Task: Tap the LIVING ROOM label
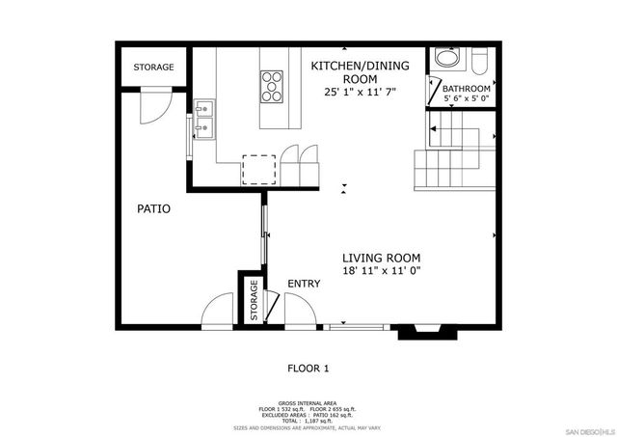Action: coord(382,258)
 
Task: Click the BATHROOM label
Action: coord(467,89)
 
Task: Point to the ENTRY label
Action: coord(304,284)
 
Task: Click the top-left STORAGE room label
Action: coord(153,68)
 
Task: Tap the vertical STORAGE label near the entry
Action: coord(254,301)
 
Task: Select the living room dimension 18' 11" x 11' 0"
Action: coord(382,272)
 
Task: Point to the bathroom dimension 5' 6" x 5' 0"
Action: coord(467,98)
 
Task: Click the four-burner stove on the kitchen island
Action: coord(273,86)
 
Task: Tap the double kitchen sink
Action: coord(203,120)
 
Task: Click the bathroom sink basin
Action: coord(447,59)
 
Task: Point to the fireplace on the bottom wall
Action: coord(421,331)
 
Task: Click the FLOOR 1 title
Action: coord(308,368)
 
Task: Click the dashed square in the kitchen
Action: coord(257,169)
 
